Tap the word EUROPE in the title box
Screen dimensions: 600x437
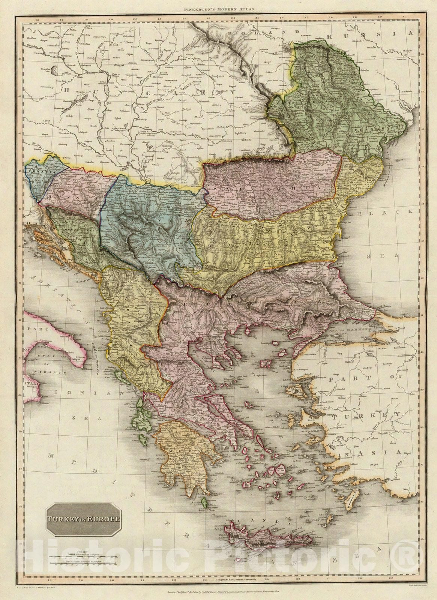coord(106,519)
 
